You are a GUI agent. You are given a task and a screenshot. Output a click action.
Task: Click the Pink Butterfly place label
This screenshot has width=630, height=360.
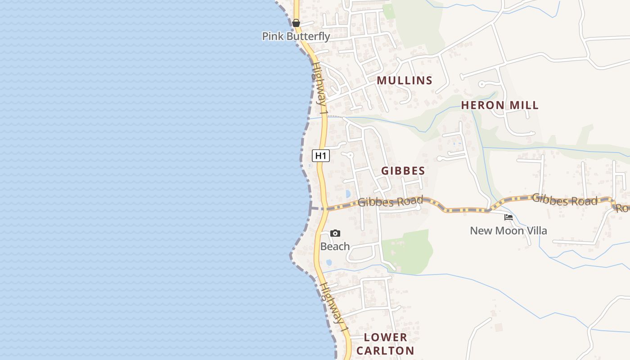tap(296, 36)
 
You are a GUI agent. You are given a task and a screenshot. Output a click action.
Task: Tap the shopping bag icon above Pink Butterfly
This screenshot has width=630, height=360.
tap(296, 22)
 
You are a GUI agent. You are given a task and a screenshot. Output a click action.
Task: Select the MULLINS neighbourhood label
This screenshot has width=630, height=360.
tap(405, 81)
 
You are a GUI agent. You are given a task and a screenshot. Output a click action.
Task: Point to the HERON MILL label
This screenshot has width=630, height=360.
tap(499, 105)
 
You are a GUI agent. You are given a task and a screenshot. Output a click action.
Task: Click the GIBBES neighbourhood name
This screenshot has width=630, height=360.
tap(403, 171)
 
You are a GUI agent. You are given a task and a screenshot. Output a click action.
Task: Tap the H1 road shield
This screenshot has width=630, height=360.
tap(321, 156)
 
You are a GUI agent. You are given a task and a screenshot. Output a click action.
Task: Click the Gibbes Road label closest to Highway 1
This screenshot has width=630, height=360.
tap(390, 201)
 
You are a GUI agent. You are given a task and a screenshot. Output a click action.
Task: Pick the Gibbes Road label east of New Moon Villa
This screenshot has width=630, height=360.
tap(565, 199)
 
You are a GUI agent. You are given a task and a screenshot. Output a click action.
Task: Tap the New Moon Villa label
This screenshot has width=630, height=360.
tap(508, 231)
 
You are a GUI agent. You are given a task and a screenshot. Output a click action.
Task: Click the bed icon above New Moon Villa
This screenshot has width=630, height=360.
tap(508, 217)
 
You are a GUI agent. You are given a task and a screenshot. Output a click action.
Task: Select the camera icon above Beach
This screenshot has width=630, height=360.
tap(335, 233)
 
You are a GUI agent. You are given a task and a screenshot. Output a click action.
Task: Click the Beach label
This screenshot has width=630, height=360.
tap(335, 247)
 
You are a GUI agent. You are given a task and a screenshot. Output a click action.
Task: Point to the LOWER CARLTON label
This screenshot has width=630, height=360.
tap(385, 344)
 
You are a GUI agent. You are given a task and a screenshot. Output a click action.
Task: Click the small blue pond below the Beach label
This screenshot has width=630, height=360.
tap(329, 262)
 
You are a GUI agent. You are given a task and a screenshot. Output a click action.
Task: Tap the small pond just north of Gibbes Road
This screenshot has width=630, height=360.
tap(347, 194)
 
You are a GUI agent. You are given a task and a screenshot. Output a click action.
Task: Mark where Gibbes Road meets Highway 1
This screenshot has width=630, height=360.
tap(323, 208)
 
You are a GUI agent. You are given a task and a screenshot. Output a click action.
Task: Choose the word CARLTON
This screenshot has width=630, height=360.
tap(385, 351)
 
